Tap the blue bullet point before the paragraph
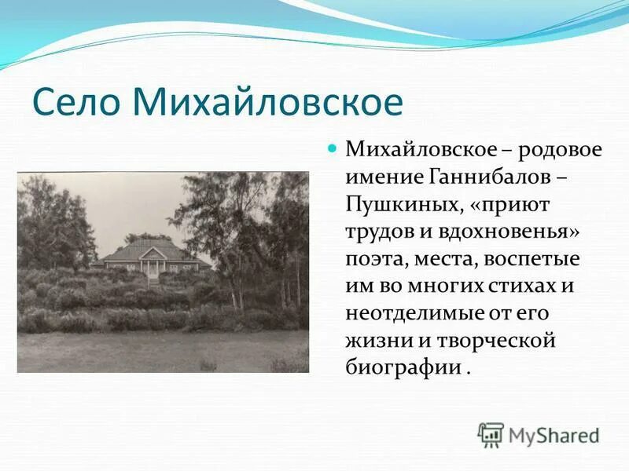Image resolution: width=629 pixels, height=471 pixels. click(x=331, y=147)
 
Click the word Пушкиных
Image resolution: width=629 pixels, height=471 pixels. click(x=399, y=205)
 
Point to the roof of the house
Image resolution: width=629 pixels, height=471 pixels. click(x=154, y=249)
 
